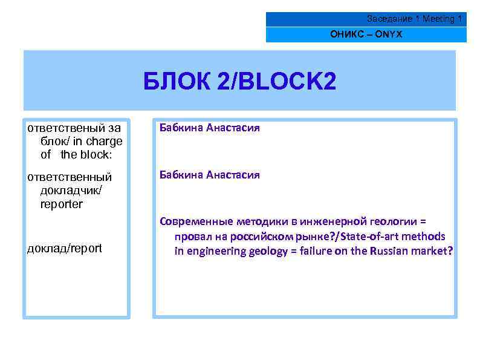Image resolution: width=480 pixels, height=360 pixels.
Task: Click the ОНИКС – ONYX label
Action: point(366,34)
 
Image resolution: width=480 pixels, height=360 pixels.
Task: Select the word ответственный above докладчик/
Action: point(70,177)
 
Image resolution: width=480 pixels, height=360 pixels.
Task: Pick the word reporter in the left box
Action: point(62,204)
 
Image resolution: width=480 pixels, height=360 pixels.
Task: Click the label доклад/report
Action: point(65,248)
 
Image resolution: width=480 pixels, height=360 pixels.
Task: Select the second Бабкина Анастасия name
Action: point(209,175)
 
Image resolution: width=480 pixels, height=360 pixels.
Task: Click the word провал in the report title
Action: point(192,236)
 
